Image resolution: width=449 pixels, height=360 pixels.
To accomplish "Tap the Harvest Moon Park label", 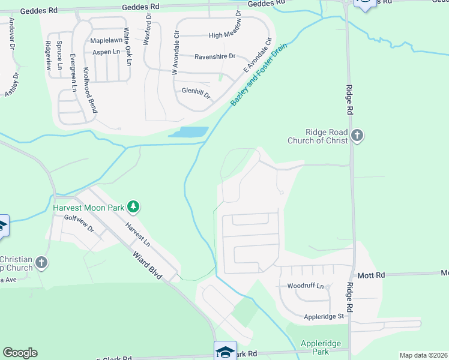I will click(88, 208).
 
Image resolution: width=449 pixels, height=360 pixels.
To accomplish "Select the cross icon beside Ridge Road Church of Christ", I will click(357, 135).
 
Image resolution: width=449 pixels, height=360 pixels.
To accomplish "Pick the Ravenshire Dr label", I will click(214, 57).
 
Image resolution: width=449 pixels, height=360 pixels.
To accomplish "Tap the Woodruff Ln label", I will click(306, 286).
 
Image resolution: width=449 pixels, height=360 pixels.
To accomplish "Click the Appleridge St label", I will click(323, 316).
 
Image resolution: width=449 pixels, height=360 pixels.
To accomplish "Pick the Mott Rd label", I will click(371, 275).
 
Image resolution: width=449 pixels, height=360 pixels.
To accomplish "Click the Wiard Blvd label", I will click(148, 265).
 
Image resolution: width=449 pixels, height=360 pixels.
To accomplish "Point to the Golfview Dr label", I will click(83, 227).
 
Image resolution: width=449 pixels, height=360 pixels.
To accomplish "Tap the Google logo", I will click(20, 353).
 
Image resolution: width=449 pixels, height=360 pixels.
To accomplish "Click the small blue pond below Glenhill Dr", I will click(188, 132).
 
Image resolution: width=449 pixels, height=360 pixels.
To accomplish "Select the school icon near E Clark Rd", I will click(226, 351).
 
